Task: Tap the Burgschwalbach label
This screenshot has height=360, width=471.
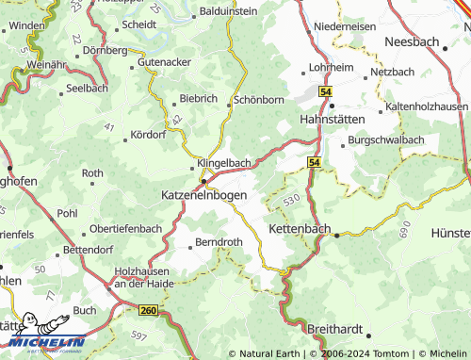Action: pos(386,139)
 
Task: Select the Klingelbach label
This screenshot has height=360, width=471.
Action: pos(223,162)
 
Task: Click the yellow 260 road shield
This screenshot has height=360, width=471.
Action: pos(148,309)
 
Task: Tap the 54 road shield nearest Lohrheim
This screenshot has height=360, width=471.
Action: pos(325,91)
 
